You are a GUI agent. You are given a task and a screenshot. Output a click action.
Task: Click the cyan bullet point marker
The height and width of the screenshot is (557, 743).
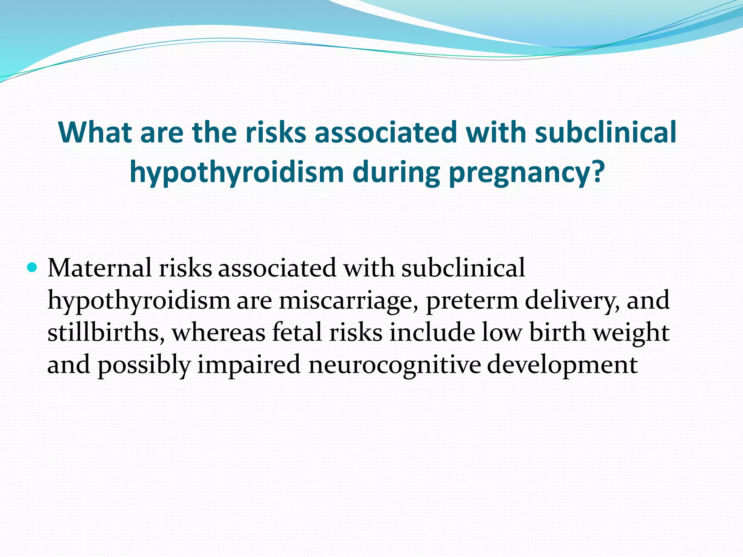pyautogui.click(x=32, y=268)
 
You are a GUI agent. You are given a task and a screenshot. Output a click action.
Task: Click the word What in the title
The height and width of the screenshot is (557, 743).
pyautogui.click(x=95, y=132)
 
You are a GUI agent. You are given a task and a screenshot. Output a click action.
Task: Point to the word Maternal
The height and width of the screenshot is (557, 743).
pyautogui.click(x=99, y=268)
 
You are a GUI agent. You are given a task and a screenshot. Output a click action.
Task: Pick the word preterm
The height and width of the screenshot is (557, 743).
pyautogui.click(x=472, y=301)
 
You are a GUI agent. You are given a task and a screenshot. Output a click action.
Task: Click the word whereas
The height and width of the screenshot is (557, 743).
pyautogui.click(x=218, y=333)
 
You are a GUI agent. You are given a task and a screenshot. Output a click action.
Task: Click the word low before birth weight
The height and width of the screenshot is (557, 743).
pyautogui.click(x=502, y=333)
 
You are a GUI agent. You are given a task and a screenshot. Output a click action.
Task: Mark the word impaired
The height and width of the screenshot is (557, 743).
pyautogui.click(x=249, y=365)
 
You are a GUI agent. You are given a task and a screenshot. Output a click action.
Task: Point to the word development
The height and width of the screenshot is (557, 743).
pyautogui.click(x=562, y=365)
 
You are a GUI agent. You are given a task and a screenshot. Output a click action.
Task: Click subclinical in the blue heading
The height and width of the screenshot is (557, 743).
pyautogui.click(x=606, y=132)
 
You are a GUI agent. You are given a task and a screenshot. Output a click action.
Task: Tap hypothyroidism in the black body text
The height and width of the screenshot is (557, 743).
pyautogui.click(x=139, y=301)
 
